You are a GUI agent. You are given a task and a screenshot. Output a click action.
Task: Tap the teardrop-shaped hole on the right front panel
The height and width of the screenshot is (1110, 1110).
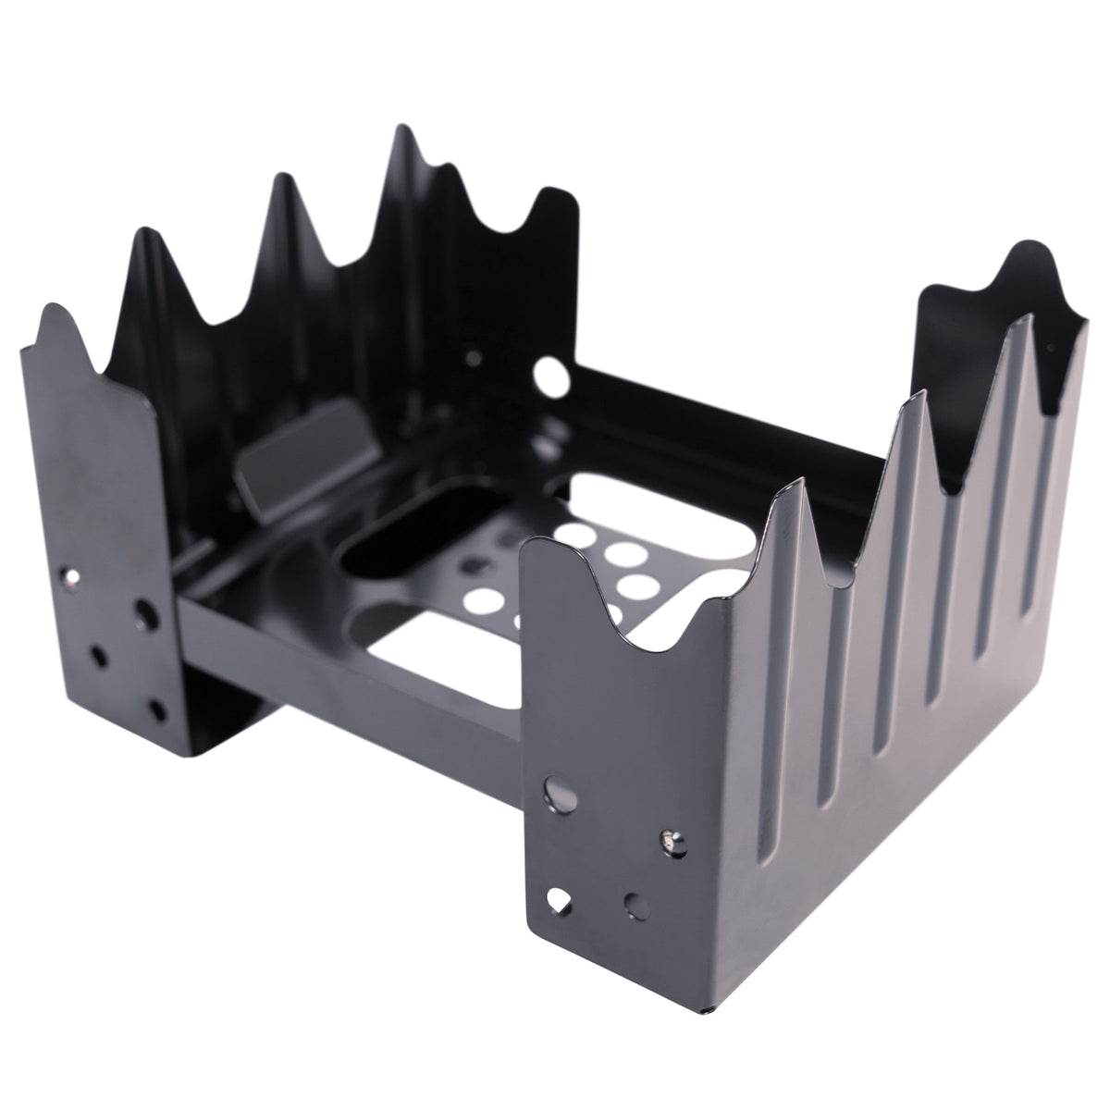click(x=559, y=897)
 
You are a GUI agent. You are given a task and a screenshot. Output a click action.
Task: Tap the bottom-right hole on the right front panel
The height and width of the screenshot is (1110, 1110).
click(x=634, y=902)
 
